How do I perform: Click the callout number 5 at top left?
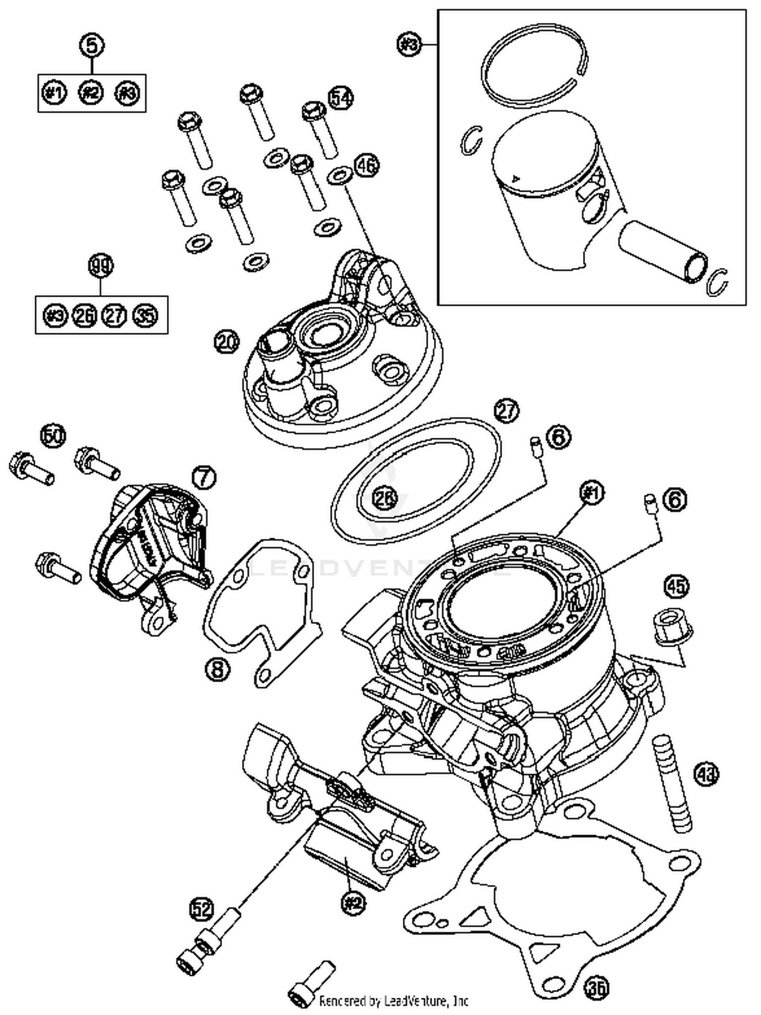(x=92, y=46)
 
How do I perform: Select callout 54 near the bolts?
(x=340, y=98)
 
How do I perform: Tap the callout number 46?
(x=366, y=165)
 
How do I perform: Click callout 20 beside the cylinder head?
(x=226, y=343)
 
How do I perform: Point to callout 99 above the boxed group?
(x=101, y=266)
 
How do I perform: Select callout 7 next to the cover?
(x=203, y=478)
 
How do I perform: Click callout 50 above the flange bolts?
(x=54, y=436)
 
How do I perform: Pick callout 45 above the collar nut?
(x=677, y=586)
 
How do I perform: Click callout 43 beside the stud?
(x=707, y=774)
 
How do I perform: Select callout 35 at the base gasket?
(x=596, y=987)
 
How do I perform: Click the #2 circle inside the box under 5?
(x=91, y=93)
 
